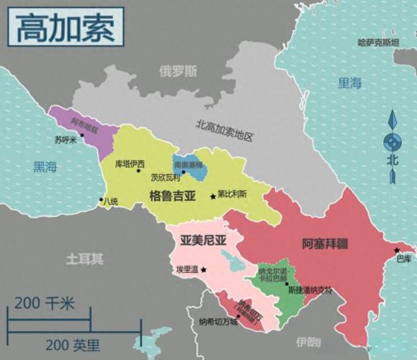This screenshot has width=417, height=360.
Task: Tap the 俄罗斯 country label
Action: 178,71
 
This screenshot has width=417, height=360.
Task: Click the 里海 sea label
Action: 349,83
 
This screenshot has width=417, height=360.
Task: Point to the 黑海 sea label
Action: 45,167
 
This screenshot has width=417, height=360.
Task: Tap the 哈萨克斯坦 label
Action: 378,43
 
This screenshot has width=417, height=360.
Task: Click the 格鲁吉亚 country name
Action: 172,195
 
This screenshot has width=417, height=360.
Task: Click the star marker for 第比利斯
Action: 210,194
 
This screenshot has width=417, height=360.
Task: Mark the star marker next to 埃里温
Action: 204,269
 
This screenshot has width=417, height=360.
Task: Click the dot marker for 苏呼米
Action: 82,134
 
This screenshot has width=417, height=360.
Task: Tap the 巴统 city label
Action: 110,201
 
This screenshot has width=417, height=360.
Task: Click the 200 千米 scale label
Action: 44,303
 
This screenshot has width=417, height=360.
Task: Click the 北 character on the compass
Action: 393,160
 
